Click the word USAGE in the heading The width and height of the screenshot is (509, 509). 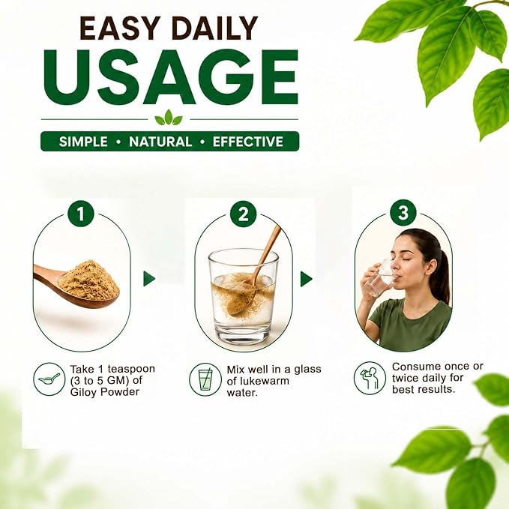click(x=171, y=77)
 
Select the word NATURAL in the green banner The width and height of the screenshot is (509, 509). click(x=160, y=142)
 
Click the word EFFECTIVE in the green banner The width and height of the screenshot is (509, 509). click(x=248, y=142)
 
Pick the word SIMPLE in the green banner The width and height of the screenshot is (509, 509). click(x=83, y=142)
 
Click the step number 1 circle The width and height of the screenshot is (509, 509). click(x=80, y=214)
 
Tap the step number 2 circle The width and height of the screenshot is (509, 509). click(x=243, y=214)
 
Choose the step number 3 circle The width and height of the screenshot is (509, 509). click(x=403, y=212)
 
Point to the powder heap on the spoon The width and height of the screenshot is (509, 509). click(x=88, y=280)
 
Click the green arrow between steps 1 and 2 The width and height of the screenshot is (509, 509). click(x=149, y=279)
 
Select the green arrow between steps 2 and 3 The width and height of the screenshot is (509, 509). click(x=306, y=279)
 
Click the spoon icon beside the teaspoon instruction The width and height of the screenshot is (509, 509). click(x=49, y=379)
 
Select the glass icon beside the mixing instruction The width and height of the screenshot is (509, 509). click(x=205, y=379)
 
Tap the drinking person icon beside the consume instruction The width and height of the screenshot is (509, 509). click(x=370, y=378)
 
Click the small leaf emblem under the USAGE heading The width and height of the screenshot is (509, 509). click(x=169, y=118)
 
